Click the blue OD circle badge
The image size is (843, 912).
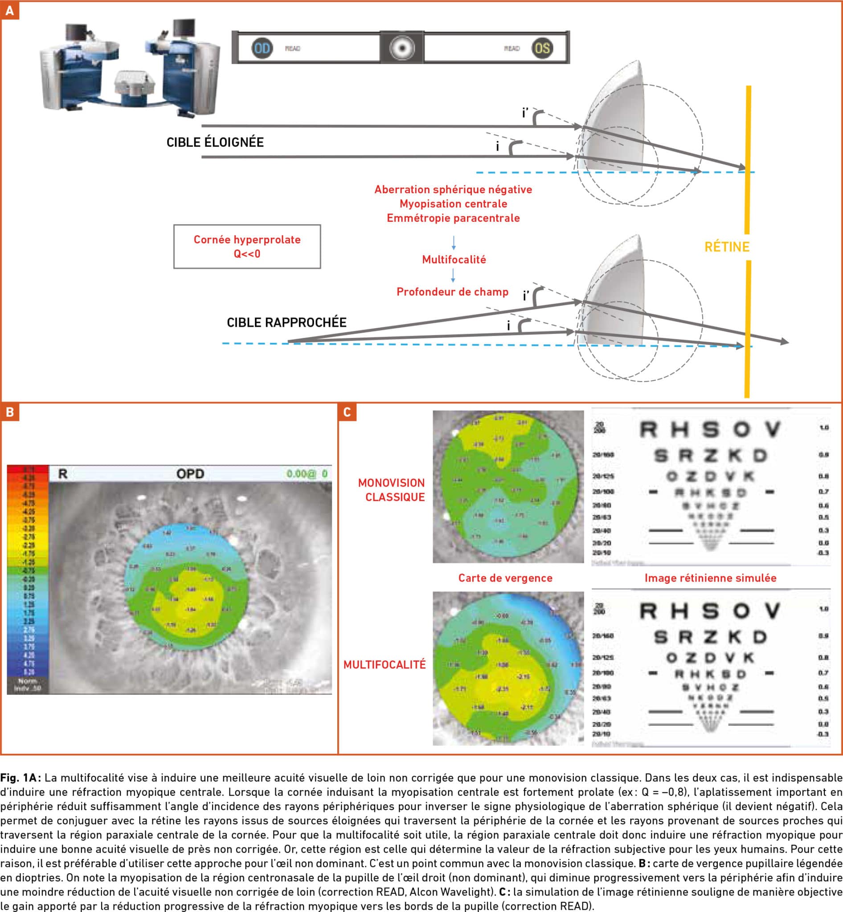[x=262, y=49]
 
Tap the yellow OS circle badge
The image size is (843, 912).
[x=542, y=49]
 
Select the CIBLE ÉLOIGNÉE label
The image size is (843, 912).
[x=215, y=142]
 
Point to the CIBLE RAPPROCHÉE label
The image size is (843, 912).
[x=286, y=322]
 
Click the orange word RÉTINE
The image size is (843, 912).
[x=727, y=247]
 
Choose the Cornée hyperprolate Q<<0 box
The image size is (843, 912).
[x=247, y=246]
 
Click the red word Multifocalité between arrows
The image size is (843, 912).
[x=454, y=260]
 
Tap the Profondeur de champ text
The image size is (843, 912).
[x=452, y=292]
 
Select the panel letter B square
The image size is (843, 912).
[x=10, y=412]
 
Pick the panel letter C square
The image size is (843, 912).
[x=347, y=412]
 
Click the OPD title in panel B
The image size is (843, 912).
[x=190, y=474]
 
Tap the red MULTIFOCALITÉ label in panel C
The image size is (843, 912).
[x=384, y=664]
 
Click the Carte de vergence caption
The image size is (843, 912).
[x=505, y=578]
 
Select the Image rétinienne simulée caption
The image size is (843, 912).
[x=710, y=578]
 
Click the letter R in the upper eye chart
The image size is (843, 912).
[x=648, y=429]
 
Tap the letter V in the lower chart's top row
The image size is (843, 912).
[x=772, y=611]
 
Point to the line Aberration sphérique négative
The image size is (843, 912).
[x=453, y=189]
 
